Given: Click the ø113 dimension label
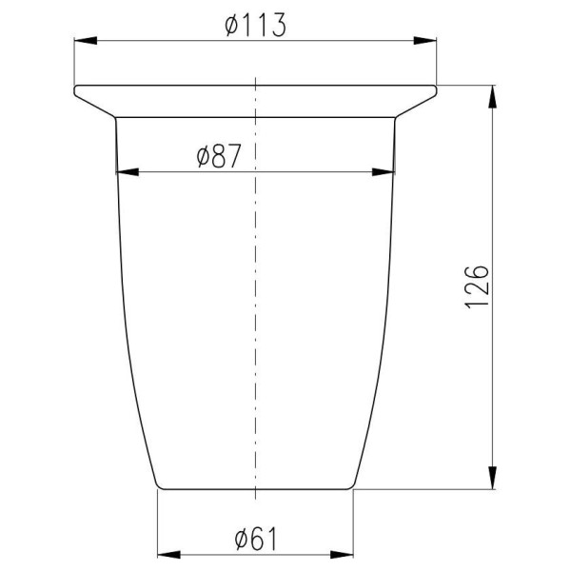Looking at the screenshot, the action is pyautogui.click(x=256, y=26).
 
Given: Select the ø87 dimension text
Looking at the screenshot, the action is pyautogui.click(x=219, y=156).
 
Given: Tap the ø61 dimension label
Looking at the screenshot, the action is pyautogui.click(x=256, y=540).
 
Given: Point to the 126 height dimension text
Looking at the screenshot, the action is pyautogui.click(x=477, y=287).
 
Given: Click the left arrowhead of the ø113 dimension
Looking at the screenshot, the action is pyautogui.click(x=86, y=40).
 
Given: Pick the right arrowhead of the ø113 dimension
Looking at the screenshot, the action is pyautogui.click(x=425, y=40).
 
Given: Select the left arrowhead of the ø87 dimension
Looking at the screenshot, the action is pyautogui.click(x=128, y=172).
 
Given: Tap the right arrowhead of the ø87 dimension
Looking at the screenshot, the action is pyautogui.click(x=384, y=172).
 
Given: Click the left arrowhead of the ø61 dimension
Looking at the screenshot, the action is pyautogui.click(x=168, y=555).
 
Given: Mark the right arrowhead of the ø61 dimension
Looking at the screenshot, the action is pyautogui.click(x=342, y=555).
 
